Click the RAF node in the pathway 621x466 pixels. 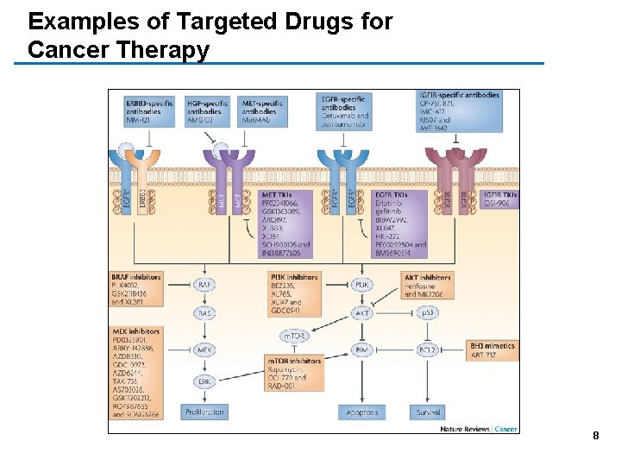point(204,284)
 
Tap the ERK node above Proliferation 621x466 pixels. point(204,381)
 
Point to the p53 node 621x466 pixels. point(428,312)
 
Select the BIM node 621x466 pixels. point(361,349)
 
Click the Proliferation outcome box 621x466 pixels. point(204,412)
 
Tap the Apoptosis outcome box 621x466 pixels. point(361,412)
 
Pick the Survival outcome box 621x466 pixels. point(428,412)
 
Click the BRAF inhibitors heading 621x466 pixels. point(136,277)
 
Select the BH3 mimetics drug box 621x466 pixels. point(492,349)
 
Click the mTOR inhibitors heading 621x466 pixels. point(293,361)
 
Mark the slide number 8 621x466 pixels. point(595,436)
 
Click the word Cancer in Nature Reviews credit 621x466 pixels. point(506,428)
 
